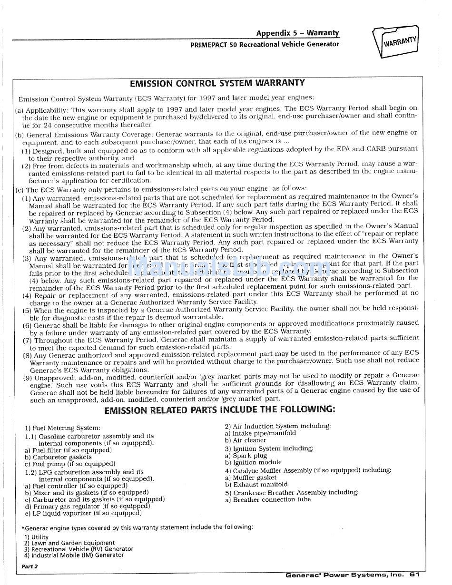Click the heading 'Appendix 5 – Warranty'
pos(297,33)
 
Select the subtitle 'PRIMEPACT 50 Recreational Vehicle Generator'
pos(265,44)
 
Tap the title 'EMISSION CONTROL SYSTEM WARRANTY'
pos(217,83)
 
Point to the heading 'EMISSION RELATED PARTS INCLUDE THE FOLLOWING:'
pos(219,409)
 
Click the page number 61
pos(414,575)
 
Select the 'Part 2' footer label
pos(29,566)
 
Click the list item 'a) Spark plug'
pos(246,456)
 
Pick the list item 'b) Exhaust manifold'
pos(256,485)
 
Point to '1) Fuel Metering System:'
pos(62,428)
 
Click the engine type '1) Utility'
pos(37,537)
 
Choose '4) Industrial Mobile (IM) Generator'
pos(74,555)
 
